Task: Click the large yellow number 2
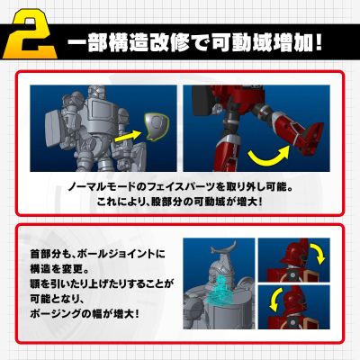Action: pyautogui.click(x=30, y=34)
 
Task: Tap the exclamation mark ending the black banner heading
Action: pyautogui.click(x=319, y=44)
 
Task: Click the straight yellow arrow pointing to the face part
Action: pyautogui.click(x=128, y=136)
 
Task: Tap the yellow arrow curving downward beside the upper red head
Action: pyautogui.click(x=318, y=253)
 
